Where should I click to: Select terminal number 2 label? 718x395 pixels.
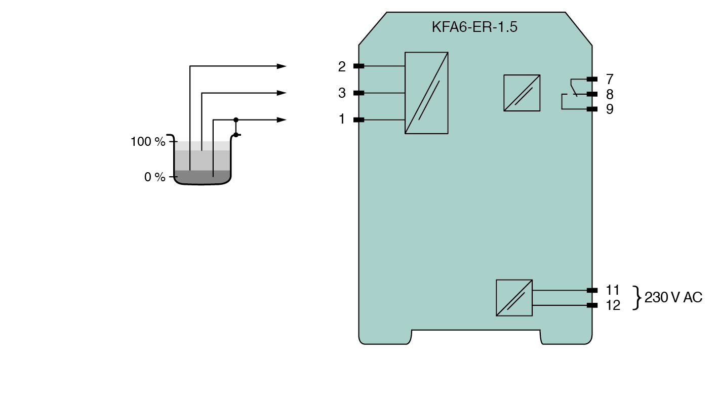tap(342, 66)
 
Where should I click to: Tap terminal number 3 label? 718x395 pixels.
tap(342, 93)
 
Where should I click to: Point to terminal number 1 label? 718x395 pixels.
tap(342, 120)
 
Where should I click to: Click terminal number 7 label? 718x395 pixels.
tap(610, 79)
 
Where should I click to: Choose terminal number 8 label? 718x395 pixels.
tap(610, 94)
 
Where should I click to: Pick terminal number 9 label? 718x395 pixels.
tap(610, 109)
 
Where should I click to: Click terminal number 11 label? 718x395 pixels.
tap(613, 290)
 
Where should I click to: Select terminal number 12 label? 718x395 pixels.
tap(613, 305)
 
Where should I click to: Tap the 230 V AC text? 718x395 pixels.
tap(673, 298)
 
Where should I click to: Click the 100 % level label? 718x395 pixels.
tap(148, 142)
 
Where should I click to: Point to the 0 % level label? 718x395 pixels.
tap(155, 177)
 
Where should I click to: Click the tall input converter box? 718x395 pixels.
tap(426, 93)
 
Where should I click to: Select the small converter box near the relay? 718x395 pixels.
tap(522, 93)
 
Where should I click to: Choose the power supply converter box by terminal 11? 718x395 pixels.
tap(514, 298)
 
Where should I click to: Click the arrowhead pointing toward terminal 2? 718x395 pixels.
tap(282, 66)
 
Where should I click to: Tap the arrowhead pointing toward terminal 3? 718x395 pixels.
tap(282, 93)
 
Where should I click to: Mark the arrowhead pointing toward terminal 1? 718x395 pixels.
tap(282, 120)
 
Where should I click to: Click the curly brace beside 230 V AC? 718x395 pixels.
tap(637, 298)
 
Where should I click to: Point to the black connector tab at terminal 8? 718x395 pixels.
tap(591, 94)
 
